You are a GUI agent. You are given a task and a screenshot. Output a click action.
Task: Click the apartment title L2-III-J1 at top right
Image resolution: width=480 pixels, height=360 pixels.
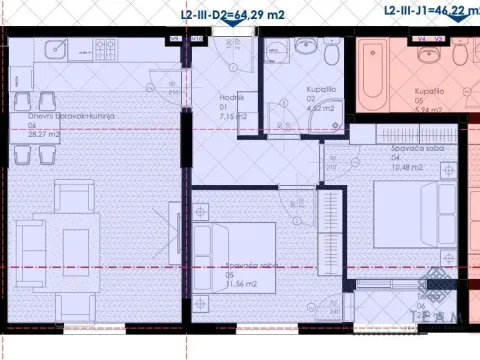tap(430, 10)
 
